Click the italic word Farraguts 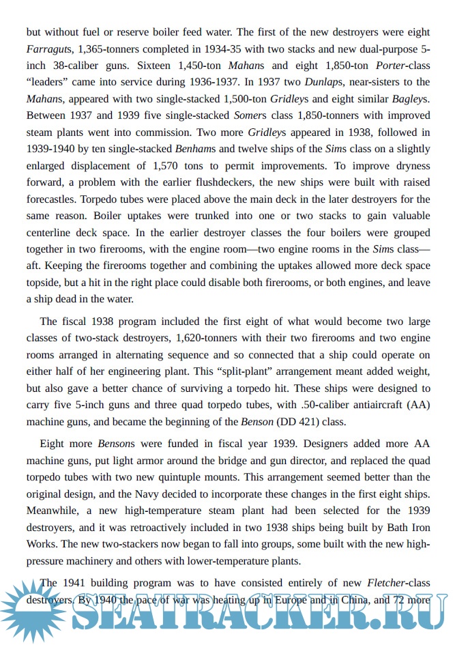[49, 50]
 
